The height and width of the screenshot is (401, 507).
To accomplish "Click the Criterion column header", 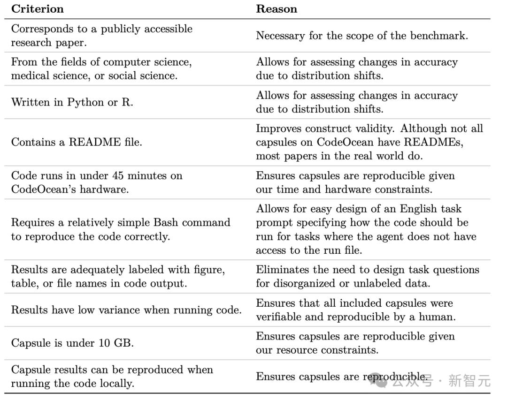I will point(37,9).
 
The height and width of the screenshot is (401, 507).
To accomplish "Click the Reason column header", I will point(276,9).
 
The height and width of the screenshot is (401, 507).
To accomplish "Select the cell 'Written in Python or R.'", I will point(72,102).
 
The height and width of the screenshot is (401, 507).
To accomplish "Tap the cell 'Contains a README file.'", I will point(76,143).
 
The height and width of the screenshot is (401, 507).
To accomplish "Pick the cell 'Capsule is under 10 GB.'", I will point(72,343).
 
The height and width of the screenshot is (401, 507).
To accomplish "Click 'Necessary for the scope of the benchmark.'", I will point(361,36).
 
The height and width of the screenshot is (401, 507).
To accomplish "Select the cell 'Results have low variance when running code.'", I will point(126,310).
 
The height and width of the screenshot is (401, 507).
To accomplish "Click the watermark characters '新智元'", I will point(469,380).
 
